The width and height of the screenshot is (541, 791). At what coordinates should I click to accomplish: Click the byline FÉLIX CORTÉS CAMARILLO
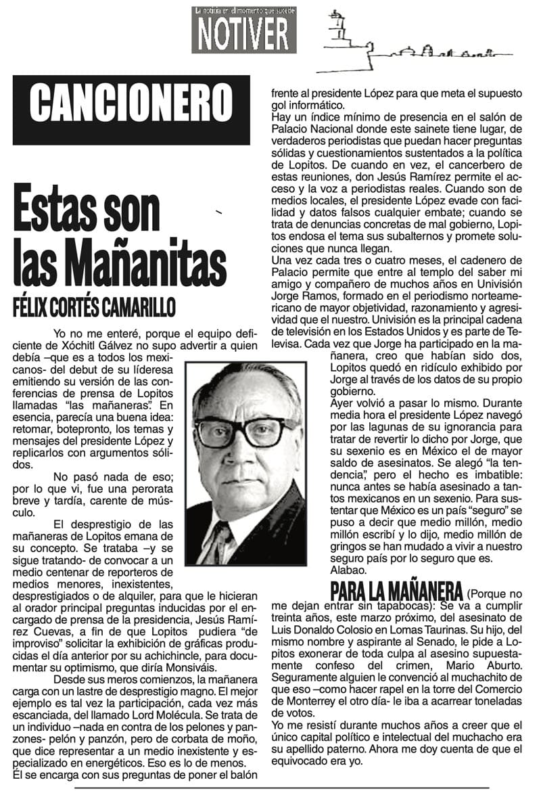95,306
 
